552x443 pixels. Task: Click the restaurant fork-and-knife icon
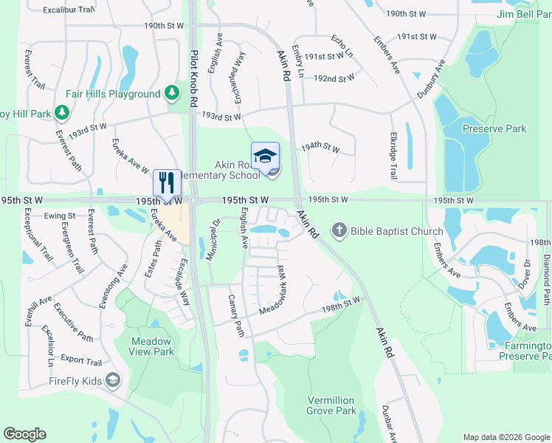166,182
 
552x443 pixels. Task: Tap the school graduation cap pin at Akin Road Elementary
265,157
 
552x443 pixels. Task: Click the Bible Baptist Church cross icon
339,230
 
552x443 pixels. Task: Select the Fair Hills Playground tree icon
171,93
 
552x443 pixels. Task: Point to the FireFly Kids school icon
112,380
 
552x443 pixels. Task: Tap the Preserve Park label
494,128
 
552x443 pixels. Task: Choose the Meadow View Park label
152,346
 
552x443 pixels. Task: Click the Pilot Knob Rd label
193,80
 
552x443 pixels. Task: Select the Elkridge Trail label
393,156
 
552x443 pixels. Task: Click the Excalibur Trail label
69,10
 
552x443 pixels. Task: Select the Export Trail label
81,362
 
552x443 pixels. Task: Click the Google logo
24,434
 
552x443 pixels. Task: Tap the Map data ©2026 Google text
506,437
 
